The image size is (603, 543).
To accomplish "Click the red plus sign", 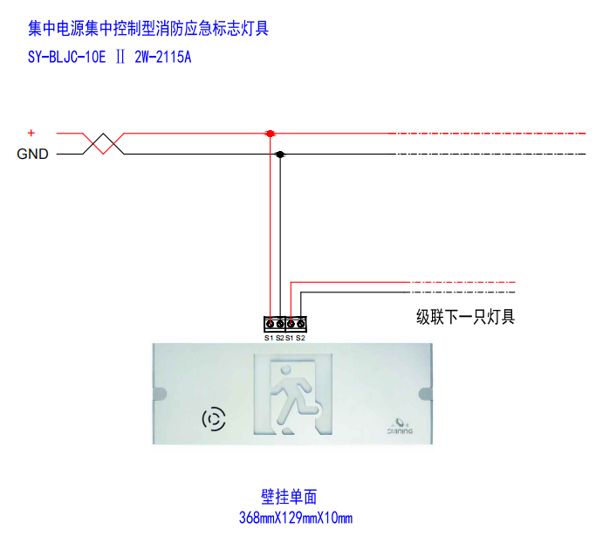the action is pos(31,133).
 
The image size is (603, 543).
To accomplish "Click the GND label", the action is pos(32,154).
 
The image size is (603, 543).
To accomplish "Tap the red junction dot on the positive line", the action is pos(271,134).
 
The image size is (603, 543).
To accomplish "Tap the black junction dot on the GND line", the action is pos(280,155).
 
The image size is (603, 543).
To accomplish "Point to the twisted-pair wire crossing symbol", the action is pos(104,144).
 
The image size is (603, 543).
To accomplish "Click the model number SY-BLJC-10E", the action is pos(66,58).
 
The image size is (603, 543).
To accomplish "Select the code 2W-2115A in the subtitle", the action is pos(162,58).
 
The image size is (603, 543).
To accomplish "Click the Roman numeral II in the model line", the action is pos(120,58).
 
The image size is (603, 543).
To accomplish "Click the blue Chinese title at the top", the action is pos(148,29).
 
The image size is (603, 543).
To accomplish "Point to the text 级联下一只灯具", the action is pos(465,317).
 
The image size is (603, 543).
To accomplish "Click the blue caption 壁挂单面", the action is pos(289,497).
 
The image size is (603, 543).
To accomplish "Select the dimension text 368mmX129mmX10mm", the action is pos(296,518).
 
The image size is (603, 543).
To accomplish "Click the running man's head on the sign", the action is pos(285,370).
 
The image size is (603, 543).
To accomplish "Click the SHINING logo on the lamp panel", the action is pos(400,427).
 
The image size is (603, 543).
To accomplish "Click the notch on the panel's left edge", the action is pos(160,394).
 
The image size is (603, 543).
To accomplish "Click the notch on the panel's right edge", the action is pos(425,394).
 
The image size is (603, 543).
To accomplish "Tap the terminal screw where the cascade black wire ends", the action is pos(301,325).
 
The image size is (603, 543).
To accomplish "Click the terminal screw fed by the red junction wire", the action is pos(271,325).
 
